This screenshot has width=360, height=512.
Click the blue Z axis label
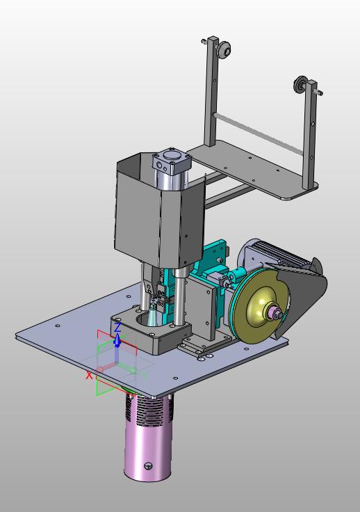pos(117,327)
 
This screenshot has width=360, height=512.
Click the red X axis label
pos(89,376)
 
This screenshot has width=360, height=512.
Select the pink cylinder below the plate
pos(149,438)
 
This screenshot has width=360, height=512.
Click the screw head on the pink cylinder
pos(148,466)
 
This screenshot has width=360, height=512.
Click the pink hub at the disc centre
pos(275,314)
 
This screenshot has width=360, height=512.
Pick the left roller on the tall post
pos(224,49)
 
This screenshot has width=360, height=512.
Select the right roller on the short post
pos(300,84)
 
